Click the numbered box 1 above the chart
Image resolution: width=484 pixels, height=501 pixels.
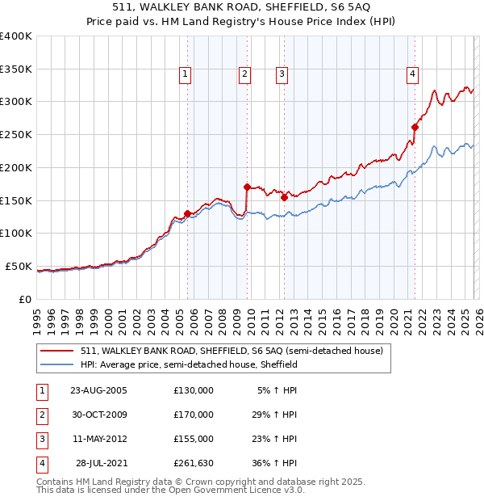coord(186,74)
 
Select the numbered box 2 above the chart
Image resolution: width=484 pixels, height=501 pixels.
coord(244,74)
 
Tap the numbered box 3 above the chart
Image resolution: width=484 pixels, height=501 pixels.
coord(282,74)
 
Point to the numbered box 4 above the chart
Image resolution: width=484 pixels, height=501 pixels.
coord(412,74)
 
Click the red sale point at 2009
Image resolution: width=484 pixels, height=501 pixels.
coord(247,187)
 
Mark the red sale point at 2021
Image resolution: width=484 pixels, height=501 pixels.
coord(415,127)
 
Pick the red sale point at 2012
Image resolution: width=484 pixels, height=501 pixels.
coord(284,197)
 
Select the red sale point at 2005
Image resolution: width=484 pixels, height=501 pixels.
coord(188,213)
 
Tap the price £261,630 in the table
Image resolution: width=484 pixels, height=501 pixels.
coord(194,463)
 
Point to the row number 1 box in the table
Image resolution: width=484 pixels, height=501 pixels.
coord(42,390)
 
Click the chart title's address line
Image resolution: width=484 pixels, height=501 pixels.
coord(242,10)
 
